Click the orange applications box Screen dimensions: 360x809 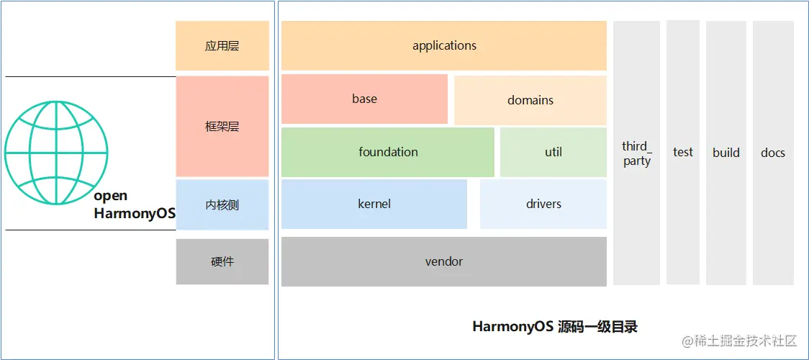click(444, 45)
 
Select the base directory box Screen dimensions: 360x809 click(364, 99)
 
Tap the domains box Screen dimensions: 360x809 click(530, 100)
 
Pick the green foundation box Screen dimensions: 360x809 click(388, 152)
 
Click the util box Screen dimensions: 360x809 click(553, 152)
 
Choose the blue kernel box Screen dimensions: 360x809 click(374, 204)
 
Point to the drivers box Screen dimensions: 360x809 click(543, 204)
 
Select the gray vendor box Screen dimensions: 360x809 click(444, 261)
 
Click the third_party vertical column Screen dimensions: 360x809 click(637, 153)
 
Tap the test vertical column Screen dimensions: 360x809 click(683, 152)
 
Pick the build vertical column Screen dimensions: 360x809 click(726, 153)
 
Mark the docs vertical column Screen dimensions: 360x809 click(773, 153)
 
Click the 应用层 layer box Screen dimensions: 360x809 click(222, 46)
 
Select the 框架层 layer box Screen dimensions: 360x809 click(222, 127)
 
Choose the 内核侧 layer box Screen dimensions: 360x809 click(222, 205)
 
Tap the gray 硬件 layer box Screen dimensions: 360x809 click(222, 261)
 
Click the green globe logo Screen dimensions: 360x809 click(56, 153)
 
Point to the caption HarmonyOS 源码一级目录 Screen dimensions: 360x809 click(555, 327)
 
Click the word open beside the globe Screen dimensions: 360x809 click(111, 196)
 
